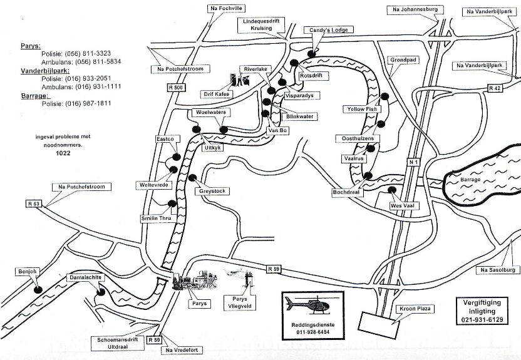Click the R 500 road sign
tap(176, 88)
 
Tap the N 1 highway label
tap(413, 162)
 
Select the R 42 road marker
tap(495, 88)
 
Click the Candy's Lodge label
tap(328, 30)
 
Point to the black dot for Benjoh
tap(39, 290)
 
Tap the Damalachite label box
tap(85, 277)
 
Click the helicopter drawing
tap(307, 305)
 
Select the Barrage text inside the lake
tap(470, 180)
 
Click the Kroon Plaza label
tap(415, 309)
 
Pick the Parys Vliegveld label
tap(240, 302)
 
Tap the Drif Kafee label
tap(217, 94)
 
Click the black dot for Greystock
tap(192, 178)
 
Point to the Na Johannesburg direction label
tap(415, 9)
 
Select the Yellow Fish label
tap(362, 109)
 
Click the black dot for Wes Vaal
tap(392, 190)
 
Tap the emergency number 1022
tap(63, 153)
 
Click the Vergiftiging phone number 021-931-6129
tap(482, 320)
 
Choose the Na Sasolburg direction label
tap(497, 270)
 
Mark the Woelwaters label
tap(210, 112)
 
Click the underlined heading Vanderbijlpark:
tap(45, 71)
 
